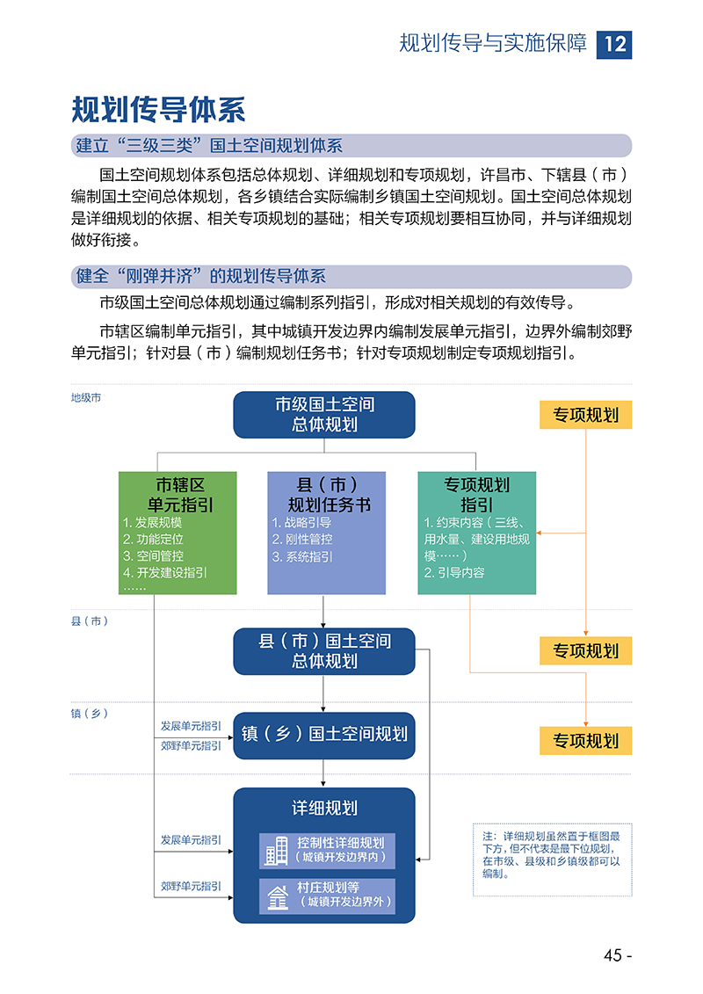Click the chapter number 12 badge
click(x=613, y=44)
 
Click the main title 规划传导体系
click(x=158, y=110)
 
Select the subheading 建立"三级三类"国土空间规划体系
click(x=209, y=146)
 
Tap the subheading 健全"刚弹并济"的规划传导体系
click(x=201, y=276)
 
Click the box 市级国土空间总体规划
click(x=324, y=415)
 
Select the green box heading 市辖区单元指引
click(x=180, y=495)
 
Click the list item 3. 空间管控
click(x=154, y=556)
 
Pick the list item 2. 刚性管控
click(x=302, y=540)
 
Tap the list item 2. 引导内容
click(x=454, y=572)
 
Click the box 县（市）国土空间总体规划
click(x=324, y=651)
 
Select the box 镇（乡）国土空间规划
click(x=324, y=736)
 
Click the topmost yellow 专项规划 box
click(x=586, y=415)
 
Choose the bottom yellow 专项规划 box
click(x=586, y=740)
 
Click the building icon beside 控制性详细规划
click(x=277, y=851)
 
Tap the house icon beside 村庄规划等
click(x=277, y=896)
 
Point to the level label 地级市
click(x=86, y=398)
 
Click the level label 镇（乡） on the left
click(x=90, y=714)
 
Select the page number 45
click(x=613, y=955)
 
